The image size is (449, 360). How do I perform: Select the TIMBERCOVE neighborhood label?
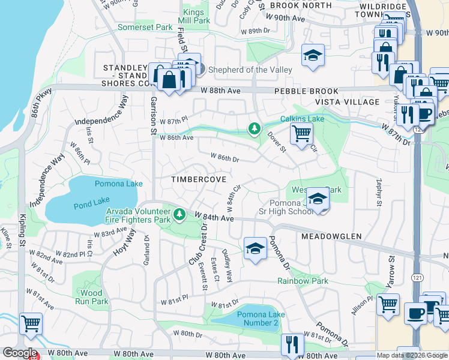tap(199, 179)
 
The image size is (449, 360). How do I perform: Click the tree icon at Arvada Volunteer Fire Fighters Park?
tap(179, 214)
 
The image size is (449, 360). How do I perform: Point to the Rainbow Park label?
tap(303, 281)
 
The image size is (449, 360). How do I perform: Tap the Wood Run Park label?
tap(91, 297)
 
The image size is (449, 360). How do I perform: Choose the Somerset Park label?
tap(145, 28)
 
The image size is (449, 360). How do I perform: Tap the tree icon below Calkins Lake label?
tap(255, 128)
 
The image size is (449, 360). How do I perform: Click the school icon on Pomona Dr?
tap(255, 249)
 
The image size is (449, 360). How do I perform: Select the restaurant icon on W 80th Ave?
tap(292, 344)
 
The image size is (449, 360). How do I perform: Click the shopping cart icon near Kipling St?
tap(31, 324)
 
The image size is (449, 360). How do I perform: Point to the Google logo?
tap(19, 353)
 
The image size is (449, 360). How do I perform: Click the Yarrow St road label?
tap(391, 273)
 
